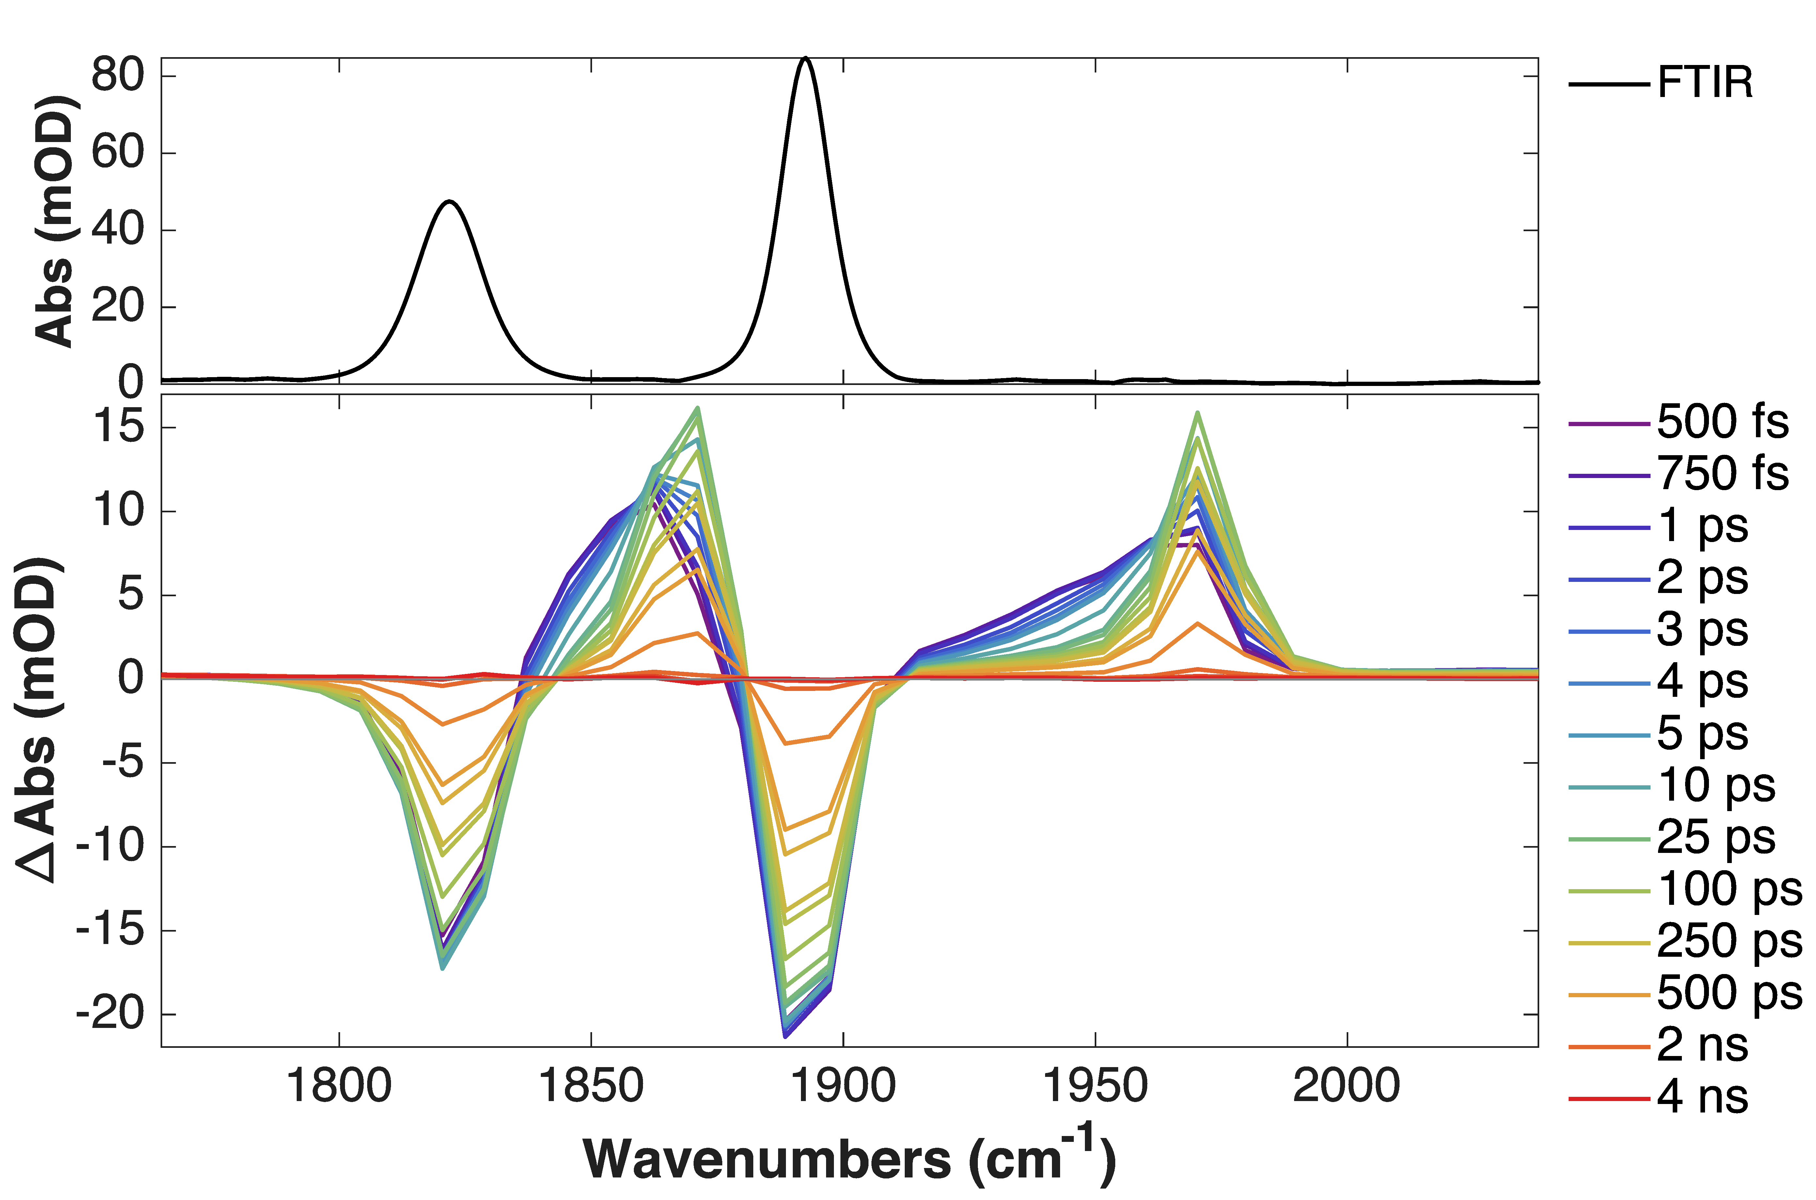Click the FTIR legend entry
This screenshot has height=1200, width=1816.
pyautogui.click(x=1704, y=83)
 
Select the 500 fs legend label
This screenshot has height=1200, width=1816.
pyautogui.click(x=1723, y=423)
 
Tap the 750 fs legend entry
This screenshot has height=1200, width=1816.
pyautogui.click(x=1723, y=474)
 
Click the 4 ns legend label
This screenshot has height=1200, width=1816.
pyautogui.click(x=1703, y=1097)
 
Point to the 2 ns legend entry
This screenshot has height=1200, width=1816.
pyautogui.click(x=1703, y=1046)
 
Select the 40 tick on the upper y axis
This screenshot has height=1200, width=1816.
pyautogui.click(x=117, y=230)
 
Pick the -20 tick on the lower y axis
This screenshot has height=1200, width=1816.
pyautogui.click(x=109, y=1015)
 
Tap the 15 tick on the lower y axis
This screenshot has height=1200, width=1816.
pyautogui.click(x=117, y=427)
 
